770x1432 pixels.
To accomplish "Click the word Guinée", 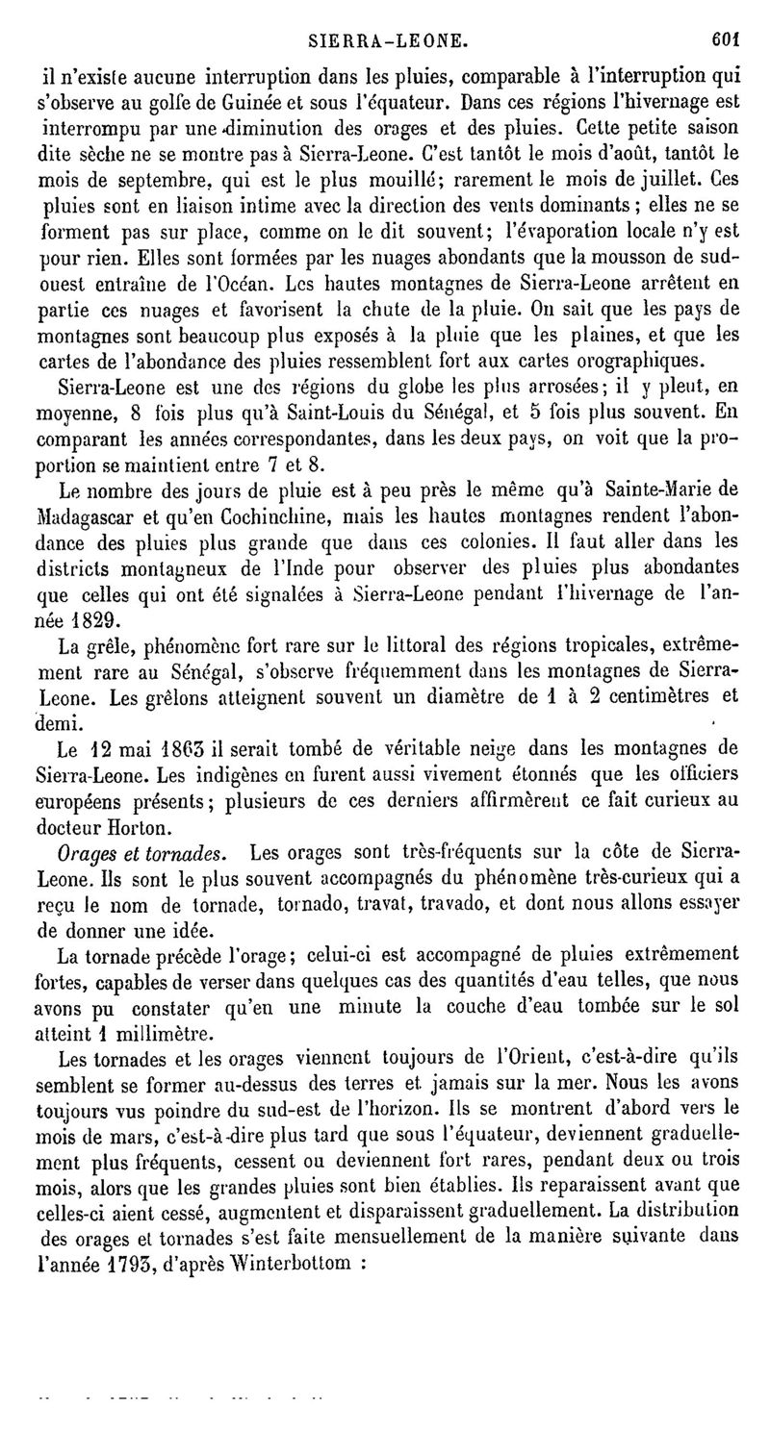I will (x=251, y=99).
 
